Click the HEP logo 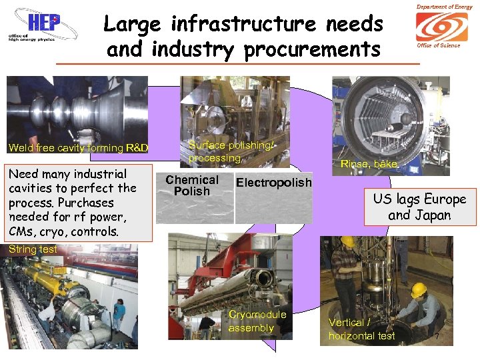41,29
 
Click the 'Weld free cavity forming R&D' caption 78,148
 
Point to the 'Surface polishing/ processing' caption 230,151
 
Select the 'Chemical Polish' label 192,185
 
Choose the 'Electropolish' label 273,182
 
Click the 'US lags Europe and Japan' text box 419,207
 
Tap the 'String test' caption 33,249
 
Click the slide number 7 437,337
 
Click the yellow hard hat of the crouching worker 418,290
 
